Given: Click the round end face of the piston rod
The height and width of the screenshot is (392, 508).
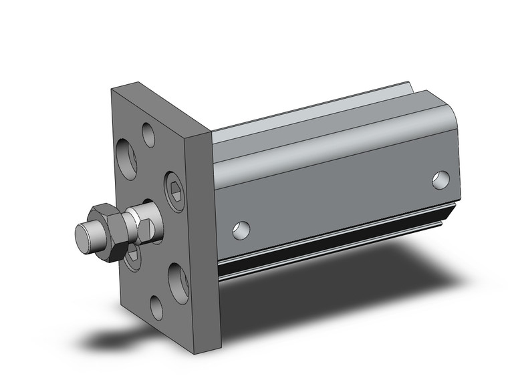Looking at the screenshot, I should pyautogui.click(x=84, y=235).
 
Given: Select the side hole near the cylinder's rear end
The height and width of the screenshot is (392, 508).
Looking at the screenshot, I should pyautogui.click(x=440, y=178).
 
